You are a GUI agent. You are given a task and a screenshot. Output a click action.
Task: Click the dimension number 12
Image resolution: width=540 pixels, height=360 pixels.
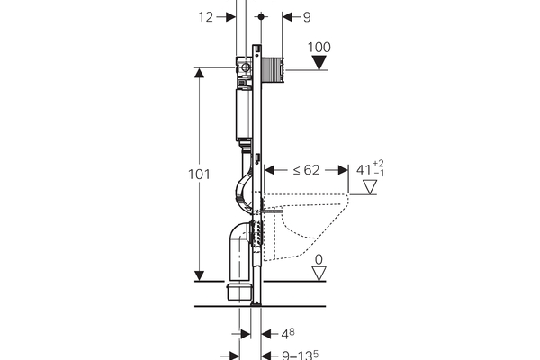pos(206,16)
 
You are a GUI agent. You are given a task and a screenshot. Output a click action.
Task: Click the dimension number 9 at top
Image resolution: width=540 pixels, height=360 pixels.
pos(307,16)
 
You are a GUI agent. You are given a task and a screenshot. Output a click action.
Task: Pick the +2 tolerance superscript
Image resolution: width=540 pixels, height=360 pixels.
pos(380,163)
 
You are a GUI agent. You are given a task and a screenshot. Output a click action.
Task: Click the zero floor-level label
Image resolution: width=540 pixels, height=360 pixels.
pos(318,259)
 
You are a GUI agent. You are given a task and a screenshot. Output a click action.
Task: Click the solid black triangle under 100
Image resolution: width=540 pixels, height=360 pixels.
pos(320,63)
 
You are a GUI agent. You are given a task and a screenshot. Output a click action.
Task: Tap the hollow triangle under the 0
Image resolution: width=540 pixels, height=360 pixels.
pos(319,273)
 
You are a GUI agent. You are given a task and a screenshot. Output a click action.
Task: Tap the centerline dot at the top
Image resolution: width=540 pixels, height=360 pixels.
pos(261,17)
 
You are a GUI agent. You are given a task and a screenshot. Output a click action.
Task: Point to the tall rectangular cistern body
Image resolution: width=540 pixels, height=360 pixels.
pos(243,112)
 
